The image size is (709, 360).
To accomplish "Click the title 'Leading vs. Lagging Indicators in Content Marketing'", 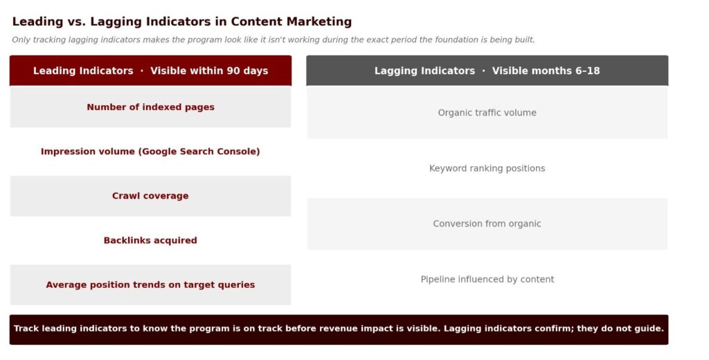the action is coord(182,21).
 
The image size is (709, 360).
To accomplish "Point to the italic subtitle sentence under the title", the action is coord(273,39).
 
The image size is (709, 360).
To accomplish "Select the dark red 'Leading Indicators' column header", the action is coord(150,71).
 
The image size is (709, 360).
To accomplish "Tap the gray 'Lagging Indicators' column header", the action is coord(487,71).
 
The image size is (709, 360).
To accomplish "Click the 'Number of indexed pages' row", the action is coord(150,107).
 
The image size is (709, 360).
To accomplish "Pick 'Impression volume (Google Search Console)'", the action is coord(150,152).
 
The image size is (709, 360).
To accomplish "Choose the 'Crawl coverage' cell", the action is coord(150,196).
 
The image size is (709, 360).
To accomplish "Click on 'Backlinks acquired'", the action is coord(150,240).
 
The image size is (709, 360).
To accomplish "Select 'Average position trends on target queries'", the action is coord(150,285).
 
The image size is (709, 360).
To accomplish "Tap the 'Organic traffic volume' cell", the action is coord(487,113).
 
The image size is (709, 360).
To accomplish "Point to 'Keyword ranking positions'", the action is coord(487,168).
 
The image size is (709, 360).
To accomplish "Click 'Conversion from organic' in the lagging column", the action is coord(487,224).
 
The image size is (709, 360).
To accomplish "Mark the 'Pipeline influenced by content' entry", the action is coord(487,280).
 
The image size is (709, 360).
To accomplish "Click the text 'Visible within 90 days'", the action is coord(209,71).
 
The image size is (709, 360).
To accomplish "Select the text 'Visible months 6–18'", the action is coord(546,71).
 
